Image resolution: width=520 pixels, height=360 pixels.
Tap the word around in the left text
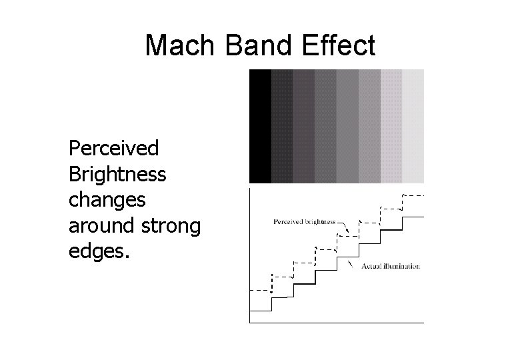coord(100,227)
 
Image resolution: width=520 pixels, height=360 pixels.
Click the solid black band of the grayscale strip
coord(260,126)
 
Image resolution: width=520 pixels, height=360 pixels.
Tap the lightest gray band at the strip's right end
coord(413,126)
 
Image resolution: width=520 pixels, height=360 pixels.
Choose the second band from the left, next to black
coord(282,126)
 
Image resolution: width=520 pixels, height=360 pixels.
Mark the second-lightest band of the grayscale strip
coord(391,126)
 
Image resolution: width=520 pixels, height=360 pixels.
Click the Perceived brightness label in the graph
coord(305,221)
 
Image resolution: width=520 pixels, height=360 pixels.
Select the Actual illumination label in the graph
coord(390,266)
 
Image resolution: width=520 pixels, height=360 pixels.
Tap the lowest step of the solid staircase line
coord(261,311)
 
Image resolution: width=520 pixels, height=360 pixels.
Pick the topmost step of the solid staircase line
coord(413,217)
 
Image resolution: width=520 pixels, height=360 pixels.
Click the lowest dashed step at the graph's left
coord(260,291)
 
